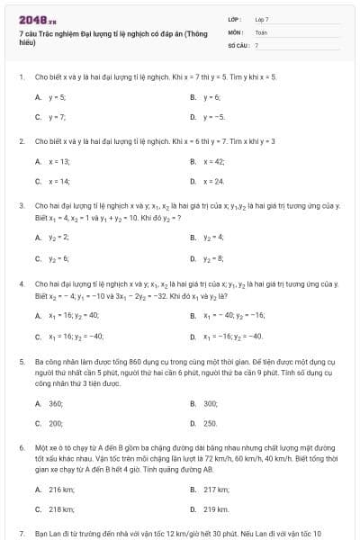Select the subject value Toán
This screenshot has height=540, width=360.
pyautogui.click(x=261, y=31)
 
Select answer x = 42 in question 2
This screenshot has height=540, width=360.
pyautogui.click(x=213, y=161)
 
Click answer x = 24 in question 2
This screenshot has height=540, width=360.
pyautogui.click(x=213, y=182)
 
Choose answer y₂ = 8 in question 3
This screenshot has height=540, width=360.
pyautogui.click(x=213, y=258)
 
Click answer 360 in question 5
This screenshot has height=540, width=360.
pyautogui.click(x=56, y=403)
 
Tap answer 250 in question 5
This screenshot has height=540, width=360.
pyautogui.click(x=211, y=423)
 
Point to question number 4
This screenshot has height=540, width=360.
pyautogui.click(x=21, y=283)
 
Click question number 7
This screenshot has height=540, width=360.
pyautogui.click(x=21, y=534)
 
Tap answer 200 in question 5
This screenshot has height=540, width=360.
pyautogui.click(x=56, y=423)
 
